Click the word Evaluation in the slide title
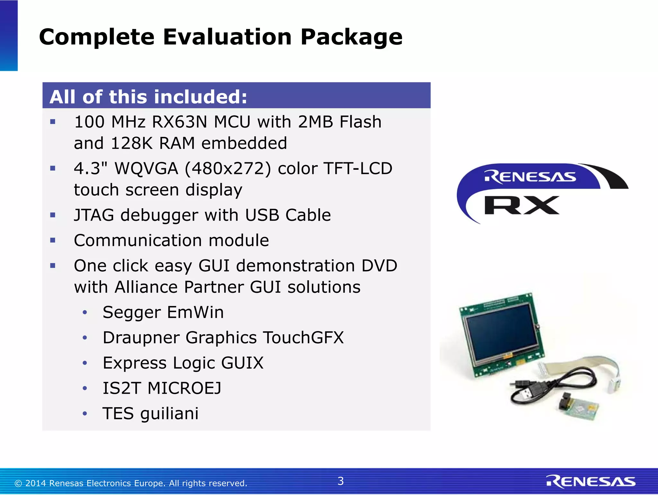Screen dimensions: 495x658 [x=227, y=37]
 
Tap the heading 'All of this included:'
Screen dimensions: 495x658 [x=148, y=97]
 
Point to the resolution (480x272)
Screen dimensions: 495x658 [x=228, y=169]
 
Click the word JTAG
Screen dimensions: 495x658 [x=94, y=215]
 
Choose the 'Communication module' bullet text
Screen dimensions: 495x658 [x=171, y=240]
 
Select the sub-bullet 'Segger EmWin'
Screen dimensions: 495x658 [x=163, y=312]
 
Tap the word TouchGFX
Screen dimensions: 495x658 [x=303, y=337]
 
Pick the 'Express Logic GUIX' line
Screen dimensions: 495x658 [x=183, y=363]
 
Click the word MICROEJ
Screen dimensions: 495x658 [x=184, y=388]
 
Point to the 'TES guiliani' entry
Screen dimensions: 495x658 [x=150, y=413]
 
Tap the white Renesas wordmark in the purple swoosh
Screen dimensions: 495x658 [x=530, y=177]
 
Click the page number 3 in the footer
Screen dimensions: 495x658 [x=341, y=481]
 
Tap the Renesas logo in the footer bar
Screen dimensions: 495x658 [x=591, y=482]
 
